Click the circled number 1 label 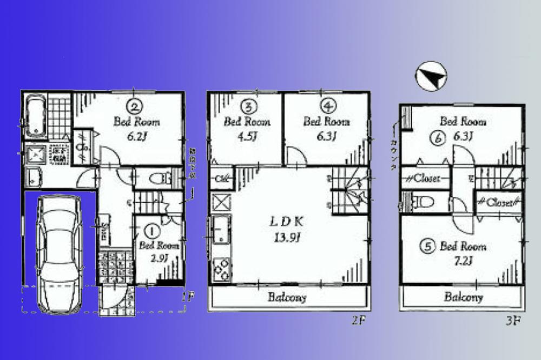(153, 231)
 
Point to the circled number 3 (248, 105)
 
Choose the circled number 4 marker (326, 105)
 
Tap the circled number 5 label (428, 246)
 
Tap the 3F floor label (512, 320)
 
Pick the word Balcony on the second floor (287, 297)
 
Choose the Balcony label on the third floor (464, 297)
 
